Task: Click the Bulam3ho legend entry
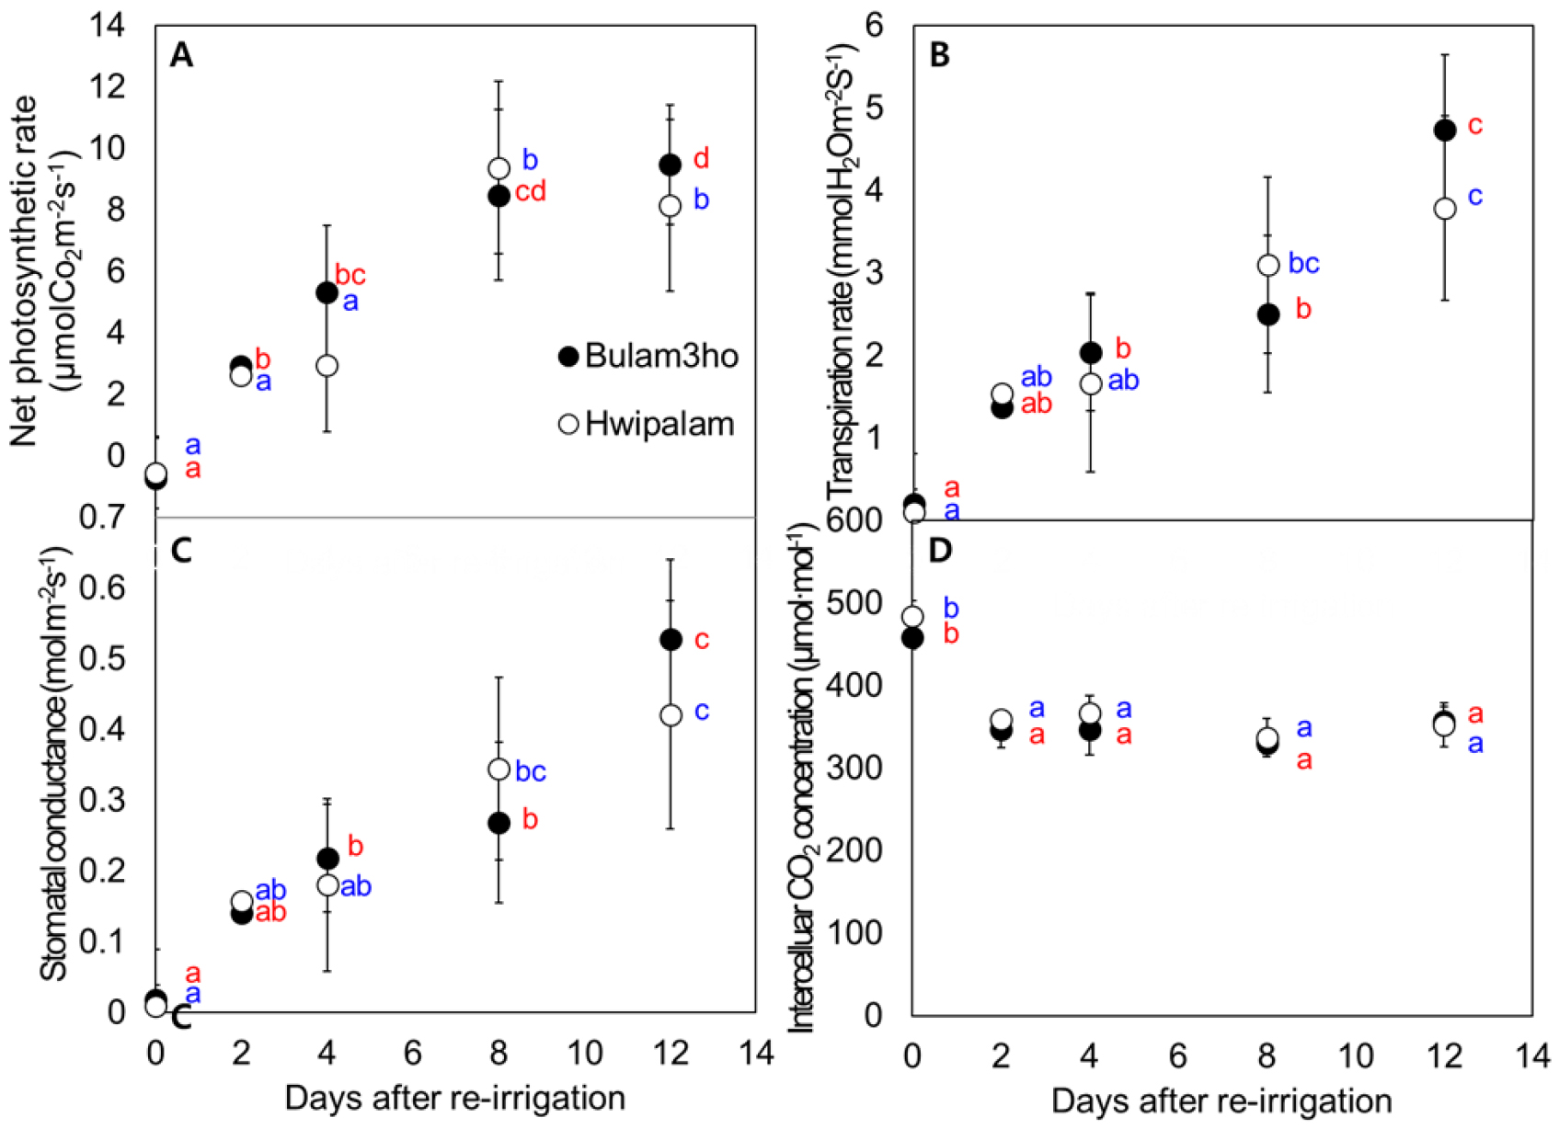649,356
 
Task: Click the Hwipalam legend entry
648,424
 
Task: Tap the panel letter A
182,56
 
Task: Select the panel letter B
939,55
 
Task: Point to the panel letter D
940,550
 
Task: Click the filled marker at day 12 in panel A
671,165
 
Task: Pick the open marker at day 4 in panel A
327,366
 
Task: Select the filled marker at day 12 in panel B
1445,131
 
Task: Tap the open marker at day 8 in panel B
1268,266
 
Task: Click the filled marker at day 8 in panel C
499,823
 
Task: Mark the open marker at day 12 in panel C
671,715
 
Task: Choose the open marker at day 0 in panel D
912,616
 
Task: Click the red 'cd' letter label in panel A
531,191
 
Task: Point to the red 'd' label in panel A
701,158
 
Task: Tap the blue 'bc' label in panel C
531,771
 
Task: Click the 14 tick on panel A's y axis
107,26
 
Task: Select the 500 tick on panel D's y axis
856,603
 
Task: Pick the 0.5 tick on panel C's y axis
104,659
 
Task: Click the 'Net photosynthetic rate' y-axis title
26,271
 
